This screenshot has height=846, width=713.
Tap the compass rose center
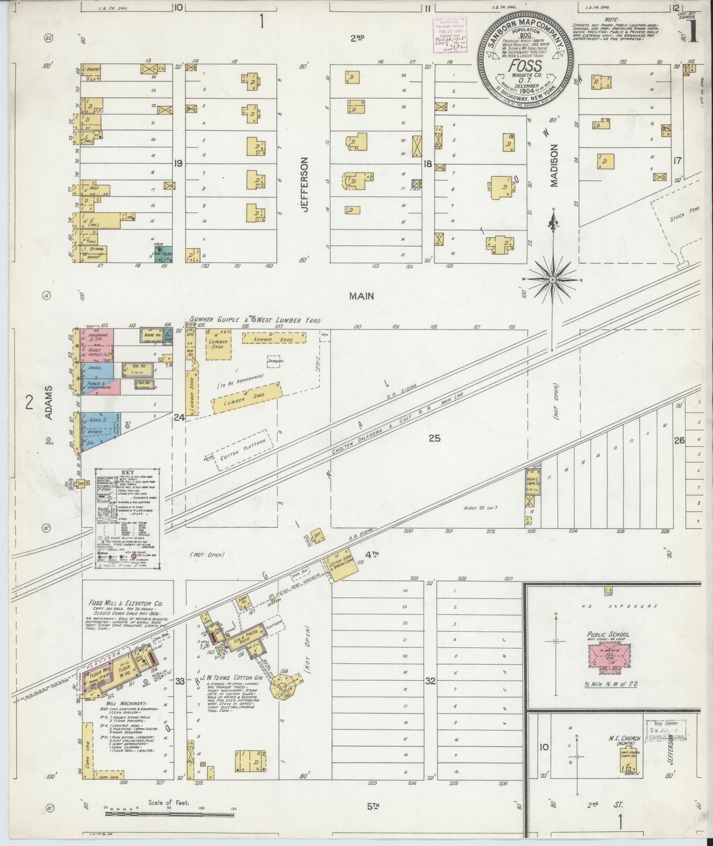point(553,280)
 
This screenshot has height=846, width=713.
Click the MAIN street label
point(361,296)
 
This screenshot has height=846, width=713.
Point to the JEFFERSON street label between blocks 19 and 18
point(304,185)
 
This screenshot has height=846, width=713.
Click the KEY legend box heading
point(127,472)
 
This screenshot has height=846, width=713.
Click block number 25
point(434,438)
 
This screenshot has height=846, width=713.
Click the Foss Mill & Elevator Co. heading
point(126,603)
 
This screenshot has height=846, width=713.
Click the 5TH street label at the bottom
point(373,807)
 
